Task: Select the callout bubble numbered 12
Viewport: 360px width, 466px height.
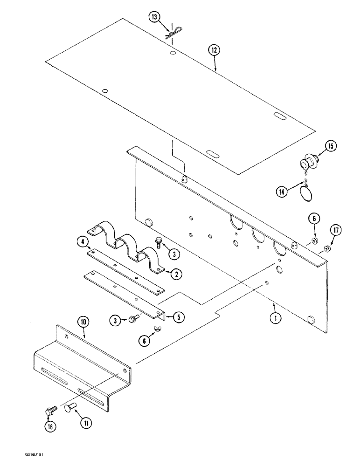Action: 215,50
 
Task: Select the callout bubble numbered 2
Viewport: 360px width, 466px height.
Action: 176,274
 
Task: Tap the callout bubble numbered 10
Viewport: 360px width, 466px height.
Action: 83,321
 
